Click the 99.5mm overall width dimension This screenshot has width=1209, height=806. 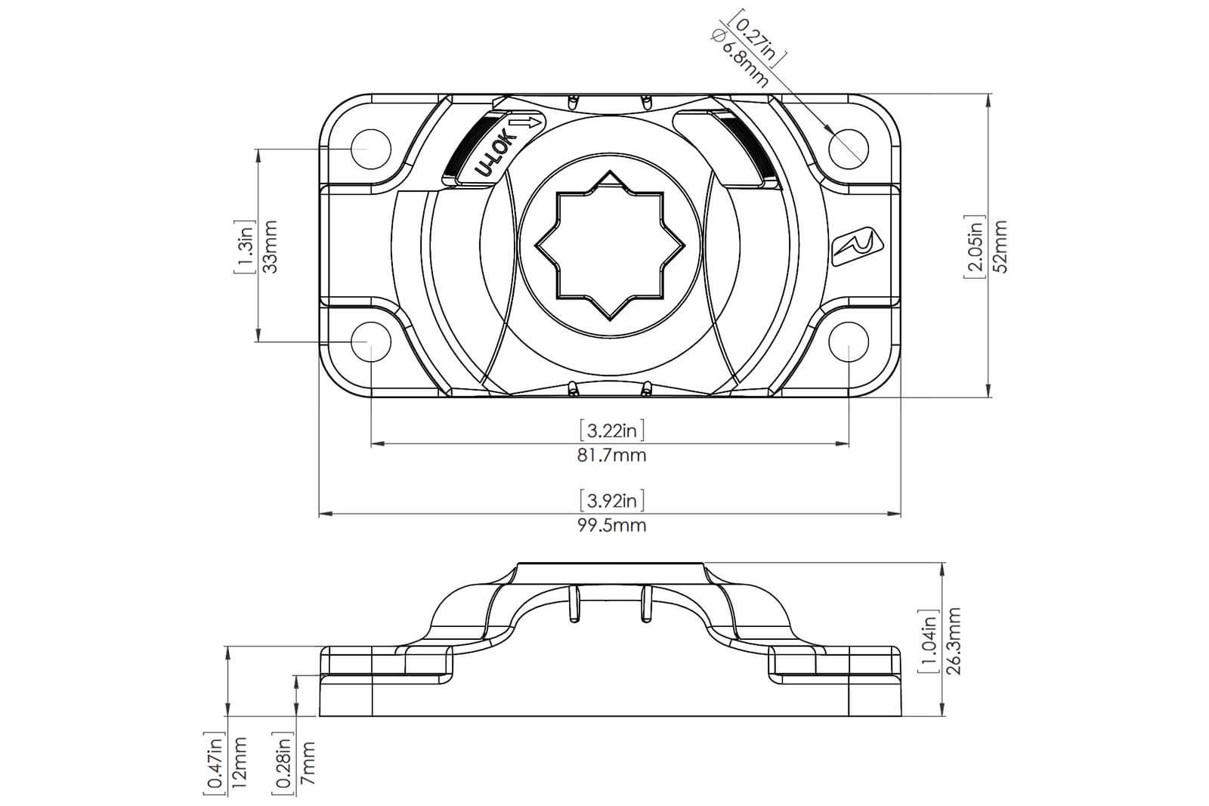click(611, 525)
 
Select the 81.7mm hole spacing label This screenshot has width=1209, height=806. click(611, 455)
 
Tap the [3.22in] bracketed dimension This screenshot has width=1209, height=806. click(612, 430)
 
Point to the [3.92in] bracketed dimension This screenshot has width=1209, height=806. click(612, 500)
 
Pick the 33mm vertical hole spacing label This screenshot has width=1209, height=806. click(271, 246)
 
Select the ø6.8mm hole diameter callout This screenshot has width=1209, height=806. click(741, 58)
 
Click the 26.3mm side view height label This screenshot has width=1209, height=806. click(954, 641)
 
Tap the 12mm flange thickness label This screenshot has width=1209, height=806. click(239, 763)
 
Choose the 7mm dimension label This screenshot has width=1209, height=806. click(307, 764)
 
